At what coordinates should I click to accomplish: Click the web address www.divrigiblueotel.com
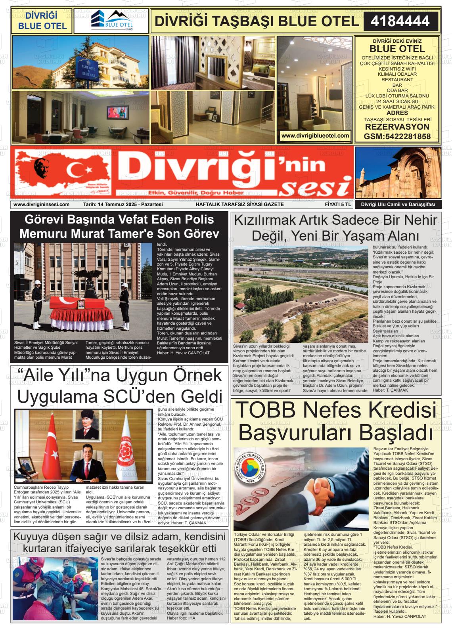click(x=315, y=136)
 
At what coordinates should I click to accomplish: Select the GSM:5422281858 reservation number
click(x=397, y=136)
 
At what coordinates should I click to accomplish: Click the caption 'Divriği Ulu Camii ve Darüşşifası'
click(x=397, y=205)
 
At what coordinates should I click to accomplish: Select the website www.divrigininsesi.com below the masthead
click(x=41, y=205)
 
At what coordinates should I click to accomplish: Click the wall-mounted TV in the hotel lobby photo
click(x=118, y=112)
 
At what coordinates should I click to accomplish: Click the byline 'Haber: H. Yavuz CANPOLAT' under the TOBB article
click(x=400, y=616)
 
